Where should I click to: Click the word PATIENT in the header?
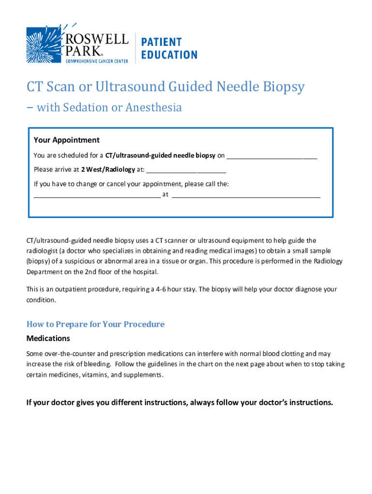(x=161, y=42)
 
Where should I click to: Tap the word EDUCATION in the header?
(x=169, y=55)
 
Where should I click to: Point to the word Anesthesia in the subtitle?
(x=154, y=108)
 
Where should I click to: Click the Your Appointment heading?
(x=67, y=140)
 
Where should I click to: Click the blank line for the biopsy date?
(x=272, y=156)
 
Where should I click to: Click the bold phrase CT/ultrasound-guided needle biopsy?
(x=160, y=156)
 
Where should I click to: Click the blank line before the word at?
(x=97, y=195)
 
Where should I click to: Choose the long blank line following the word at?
(x=246, y=195)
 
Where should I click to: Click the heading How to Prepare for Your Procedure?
(x=95, y=324)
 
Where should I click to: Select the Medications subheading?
(x=48, y=338)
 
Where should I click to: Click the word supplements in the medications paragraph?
(x=143, y=375)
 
